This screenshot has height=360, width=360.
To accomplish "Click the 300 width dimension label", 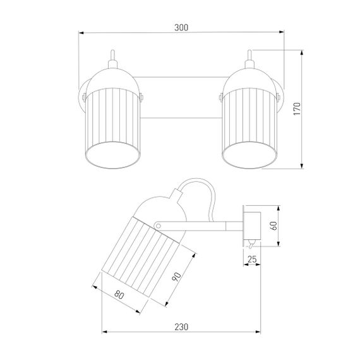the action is click(181, 28).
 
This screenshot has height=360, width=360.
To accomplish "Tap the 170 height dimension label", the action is click(297, 109).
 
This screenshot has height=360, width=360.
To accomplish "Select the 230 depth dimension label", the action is click(181, 327).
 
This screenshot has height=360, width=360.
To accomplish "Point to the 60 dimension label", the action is click(273, 225).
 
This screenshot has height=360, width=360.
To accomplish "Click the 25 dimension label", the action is click(252, 259).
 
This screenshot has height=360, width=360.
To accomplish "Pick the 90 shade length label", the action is click(177, 277).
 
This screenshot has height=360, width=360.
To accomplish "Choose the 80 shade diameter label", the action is click(119, 294).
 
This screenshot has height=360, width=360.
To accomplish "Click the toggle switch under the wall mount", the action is click(251, 244).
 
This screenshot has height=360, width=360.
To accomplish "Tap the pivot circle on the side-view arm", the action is click(158, 226).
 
